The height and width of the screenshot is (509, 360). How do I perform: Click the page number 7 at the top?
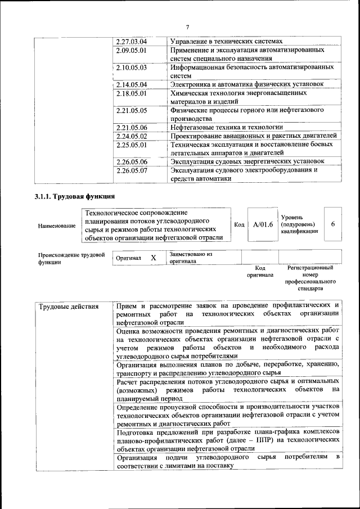187,28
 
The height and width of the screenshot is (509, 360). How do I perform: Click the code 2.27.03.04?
131,42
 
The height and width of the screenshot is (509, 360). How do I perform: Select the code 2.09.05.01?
131,50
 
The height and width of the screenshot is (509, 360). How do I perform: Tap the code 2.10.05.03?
131,67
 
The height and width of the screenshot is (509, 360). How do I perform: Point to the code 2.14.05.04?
131,84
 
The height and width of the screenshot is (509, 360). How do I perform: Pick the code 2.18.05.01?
131,93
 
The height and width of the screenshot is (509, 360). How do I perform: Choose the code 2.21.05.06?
131,127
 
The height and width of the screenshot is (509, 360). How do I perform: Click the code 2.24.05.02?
131,136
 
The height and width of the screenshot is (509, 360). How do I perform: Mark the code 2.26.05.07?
131,170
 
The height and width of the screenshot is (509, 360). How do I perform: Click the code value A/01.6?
263,224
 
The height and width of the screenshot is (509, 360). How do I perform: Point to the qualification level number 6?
333,224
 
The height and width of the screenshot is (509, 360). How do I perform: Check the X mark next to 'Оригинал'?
153,257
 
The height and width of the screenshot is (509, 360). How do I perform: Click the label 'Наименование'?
57,226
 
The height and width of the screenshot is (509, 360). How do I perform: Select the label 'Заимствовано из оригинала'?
190,258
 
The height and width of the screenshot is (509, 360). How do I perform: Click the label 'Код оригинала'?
259,272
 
